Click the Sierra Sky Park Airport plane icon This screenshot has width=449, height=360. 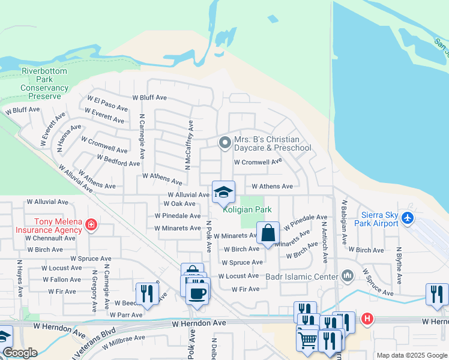[x=408, y=217]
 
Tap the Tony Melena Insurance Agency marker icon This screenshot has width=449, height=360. [x=91, y=226]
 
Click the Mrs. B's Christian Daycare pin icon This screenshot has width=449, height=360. [x=224, y=142]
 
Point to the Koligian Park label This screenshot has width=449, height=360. [x=247, y=209]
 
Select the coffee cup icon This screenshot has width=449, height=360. [x=197, y=293]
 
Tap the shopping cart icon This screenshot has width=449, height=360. [x=308, y=340]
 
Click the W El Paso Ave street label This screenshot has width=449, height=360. [x=107, y=103]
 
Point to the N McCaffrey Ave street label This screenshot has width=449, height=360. [x=190, y=145]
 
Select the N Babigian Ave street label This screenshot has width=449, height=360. [x=345, y=221]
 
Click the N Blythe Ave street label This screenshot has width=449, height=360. [x=399, y=268]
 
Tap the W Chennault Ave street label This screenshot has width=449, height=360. [x=50, y=238]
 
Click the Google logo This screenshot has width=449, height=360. [x=20, y=353]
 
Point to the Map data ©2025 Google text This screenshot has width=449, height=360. [x=411, y=355]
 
